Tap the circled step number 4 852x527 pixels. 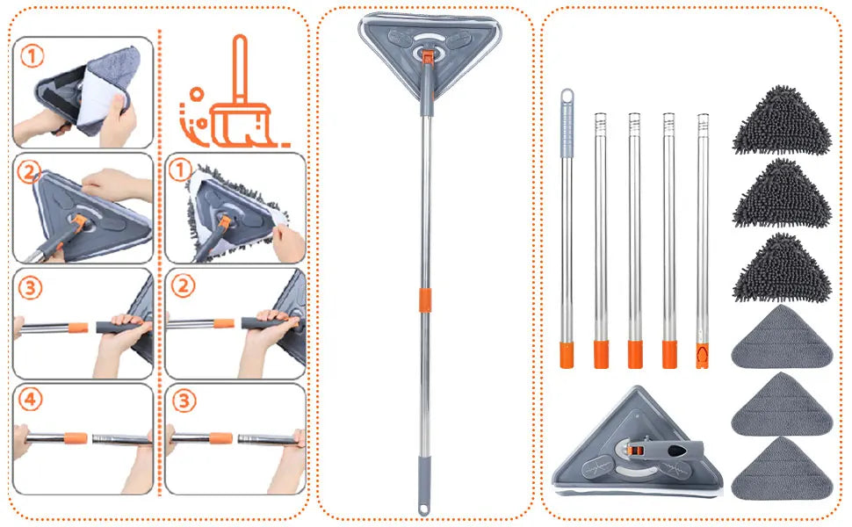[32, 401]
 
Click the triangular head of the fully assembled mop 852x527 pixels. [428, 40]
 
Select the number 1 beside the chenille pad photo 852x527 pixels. [180, 170]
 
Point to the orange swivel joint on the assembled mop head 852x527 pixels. [427, 56]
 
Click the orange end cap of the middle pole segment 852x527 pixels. [635, 354]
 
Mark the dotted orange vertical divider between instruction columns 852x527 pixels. [159, 263]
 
